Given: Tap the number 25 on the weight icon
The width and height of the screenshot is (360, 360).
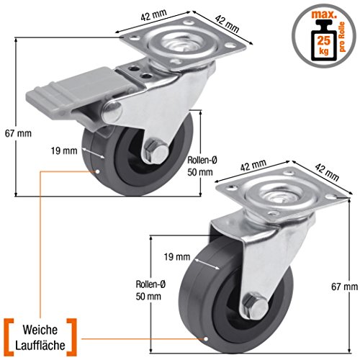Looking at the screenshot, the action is pyautogui.click(x=324, y=40).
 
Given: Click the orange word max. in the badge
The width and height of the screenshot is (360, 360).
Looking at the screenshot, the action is pyautogui.click(x=324, y=14).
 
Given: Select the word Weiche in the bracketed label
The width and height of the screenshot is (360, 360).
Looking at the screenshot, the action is pyautogui.click(x=40, y=330).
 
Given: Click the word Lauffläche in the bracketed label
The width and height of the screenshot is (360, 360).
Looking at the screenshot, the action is pyautogui.click(x=40, y=345).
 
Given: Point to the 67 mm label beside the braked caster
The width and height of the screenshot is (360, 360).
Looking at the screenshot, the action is pyautogui.click(x=18, y=133).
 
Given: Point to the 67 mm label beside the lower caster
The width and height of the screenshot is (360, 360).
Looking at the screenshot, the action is pyautogui.click(x=344, y=287).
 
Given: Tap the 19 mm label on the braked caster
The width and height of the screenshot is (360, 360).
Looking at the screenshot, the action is pyautogui.click(x=64, y=151).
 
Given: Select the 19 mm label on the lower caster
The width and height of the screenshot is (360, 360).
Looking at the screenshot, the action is pyautogui.click(x=177, y=257).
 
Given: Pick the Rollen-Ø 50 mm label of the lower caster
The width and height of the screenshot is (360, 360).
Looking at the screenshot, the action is pyautogui.click(x=150, y=290).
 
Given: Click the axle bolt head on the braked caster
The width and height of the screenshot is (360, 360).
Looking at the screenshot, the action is pyautogui.click(x=156, y=152).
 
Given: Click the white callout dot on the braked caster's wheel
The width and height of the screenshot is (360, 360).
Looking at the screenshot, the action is pyautogui.click(x=97, y=171).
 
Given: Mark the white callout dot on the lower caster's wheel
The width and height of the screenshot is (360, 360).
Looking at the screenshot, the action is pyautogui.click(x=206, y=339).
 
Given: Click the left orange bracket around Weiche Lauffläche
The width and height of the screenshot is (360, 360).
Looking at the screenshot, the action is pyautogui.click(x=8, y=338).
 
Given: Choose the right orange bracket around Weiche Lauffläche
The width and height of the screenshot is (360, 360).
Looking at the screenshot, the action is pyautogui.click(x=72, y=338).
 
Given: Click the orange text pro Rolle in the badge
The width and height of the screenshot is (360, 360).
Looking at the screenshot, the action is pyautogui.click(x=342, y=37).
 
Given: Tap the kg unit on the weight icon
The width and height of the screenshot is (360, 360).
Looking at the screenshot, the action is pyautogui.click(x=324, y=51).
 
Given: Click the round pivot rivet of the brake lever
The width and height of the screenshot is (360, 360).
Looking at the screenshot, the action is pyautogui.click(x=112, y=112).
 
